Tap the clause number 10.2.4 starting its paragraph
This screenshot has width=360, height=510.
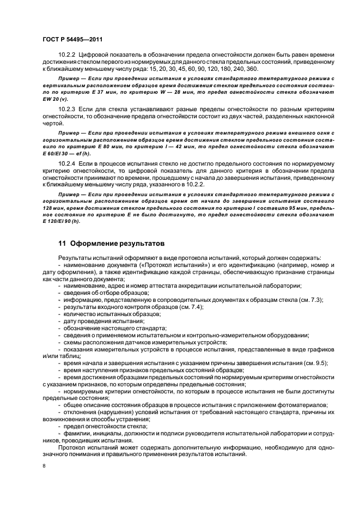(66, 163)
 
